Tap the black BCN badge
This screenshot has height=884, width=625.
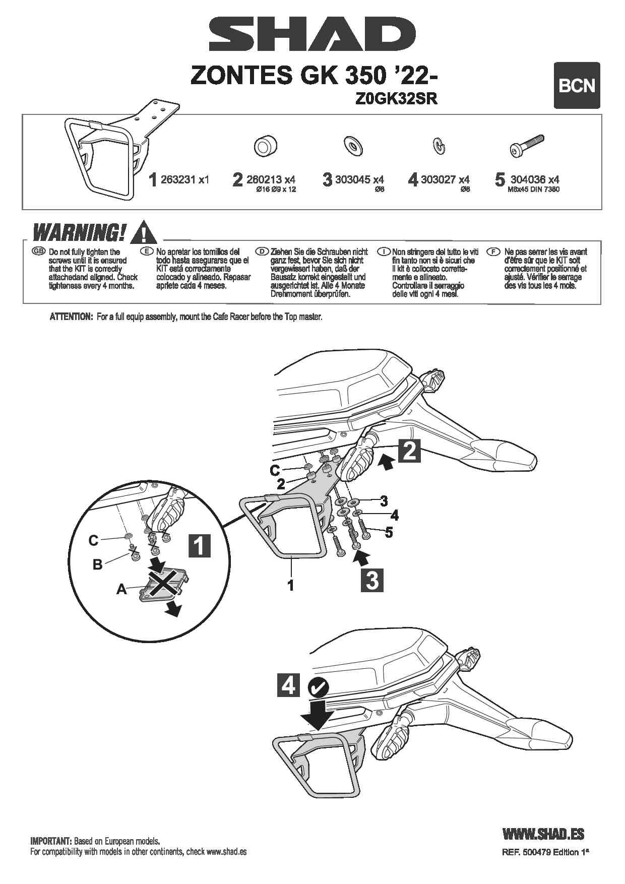coord(577,85)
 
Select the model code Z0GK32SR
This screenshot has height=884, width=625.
coord(396,99)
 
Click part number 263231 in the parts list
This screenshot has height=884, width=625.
coord(178,179)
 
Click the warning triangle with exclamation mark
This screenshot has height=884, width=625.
coord(143,232)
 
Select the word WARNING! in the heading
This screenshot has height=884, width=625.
coord(79,233)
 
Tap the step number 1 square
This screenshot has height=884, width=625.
coord(199,545)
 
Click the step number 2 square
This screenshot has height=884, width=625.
coord(409,451)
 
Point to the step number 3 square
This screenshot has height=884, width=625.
coord(372,580)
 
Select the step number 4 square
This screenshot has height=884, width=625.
coord(288,685)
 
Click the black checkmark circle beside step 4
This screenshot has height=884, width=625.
coord(318,686)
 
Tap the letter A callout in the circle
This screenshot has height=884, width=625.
coord(121,589)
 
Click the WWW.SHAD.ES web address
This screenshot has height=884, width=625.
coord(543,834)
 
